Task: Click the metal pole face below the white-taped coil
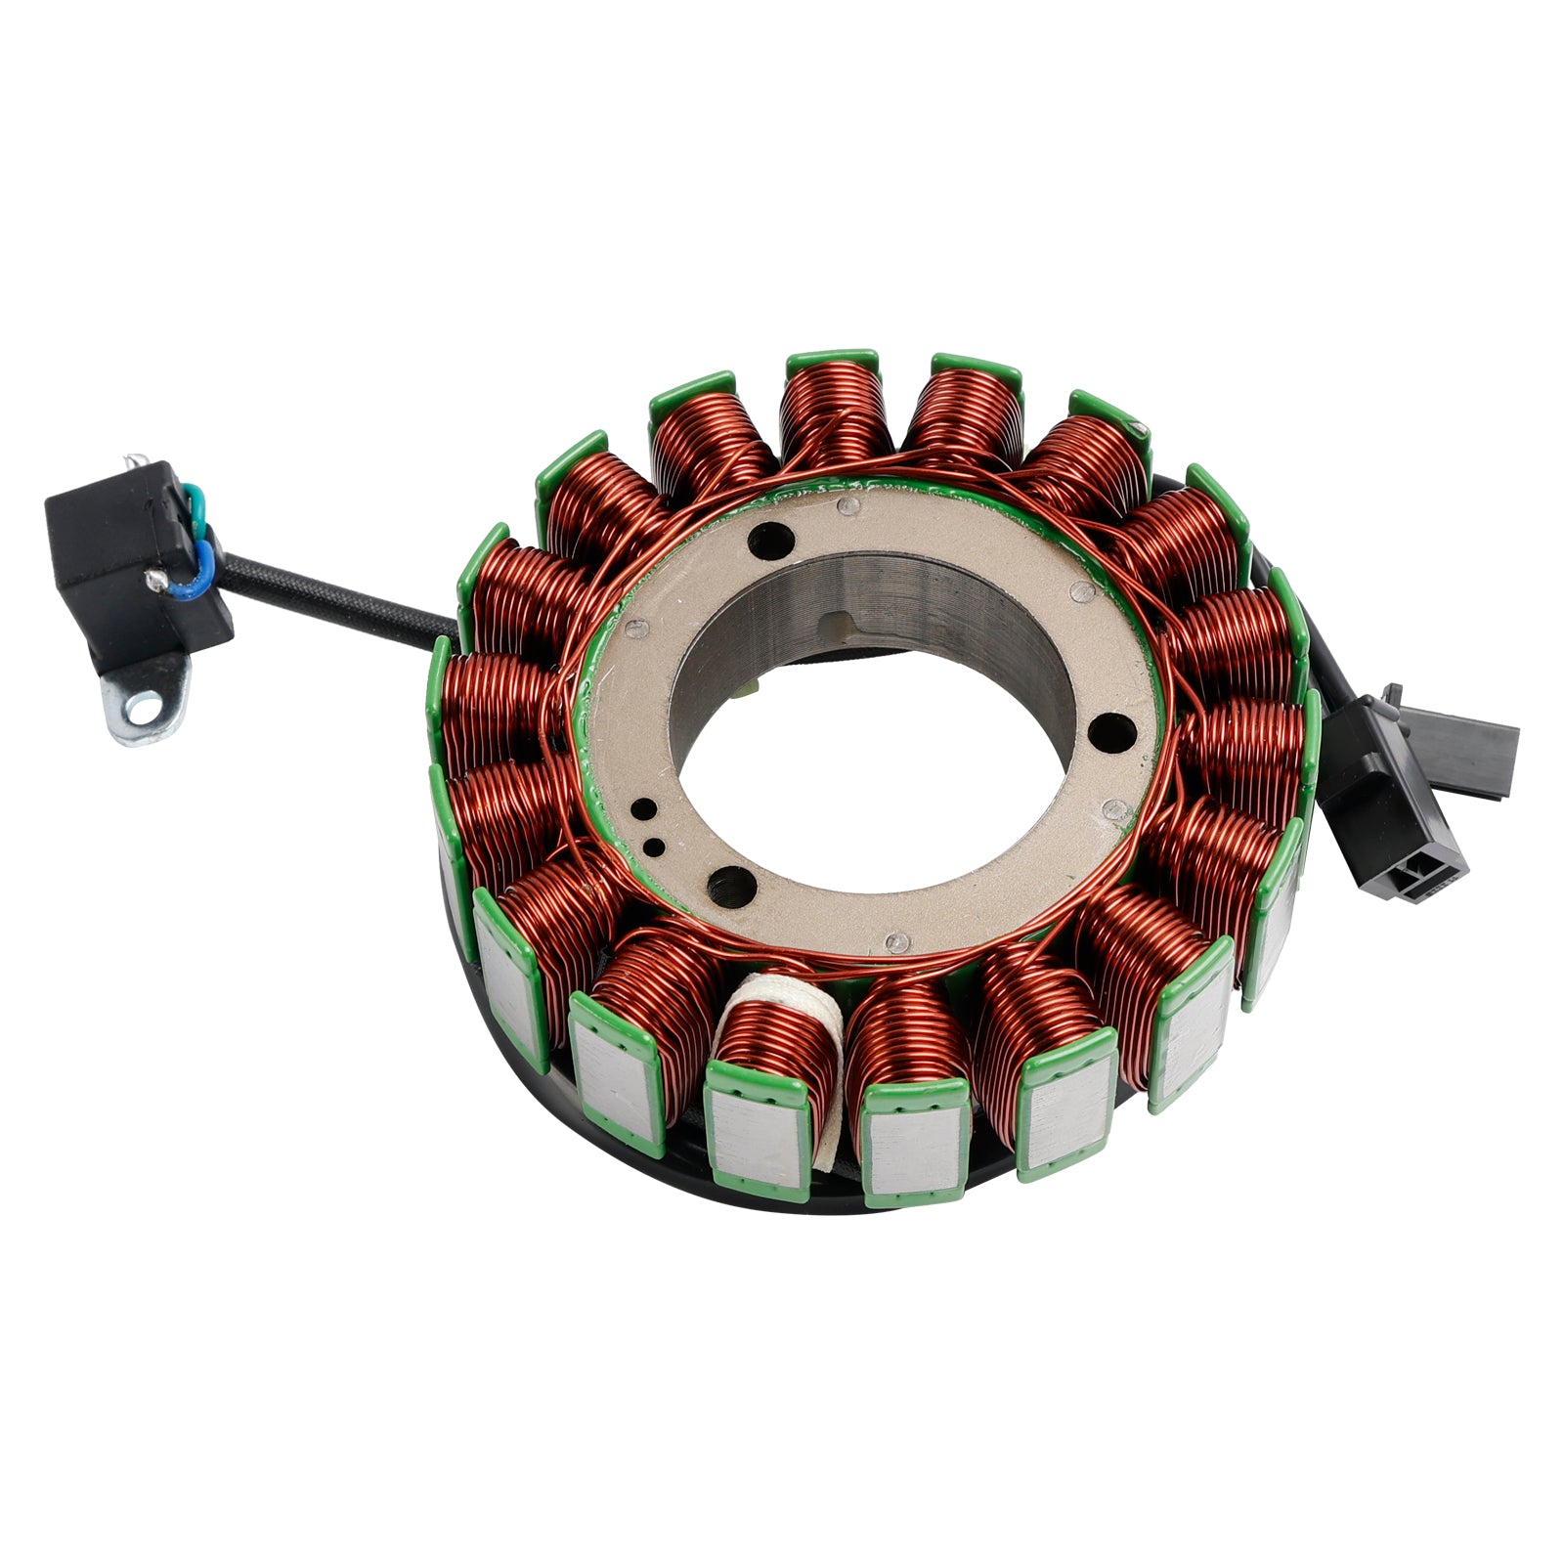758,1139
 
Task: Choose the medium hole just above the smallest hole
645,808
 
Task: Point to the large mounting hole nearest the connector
1107,728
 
